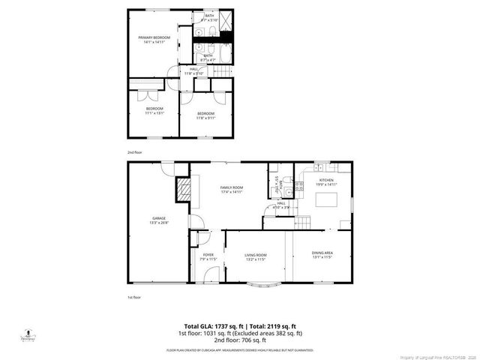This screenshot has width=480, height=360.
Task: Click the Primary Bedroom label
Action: pyautogui.click(x=154, y=37)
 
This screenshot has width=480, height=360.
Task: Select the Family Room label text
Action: pyautogui.click(x=231, y=187)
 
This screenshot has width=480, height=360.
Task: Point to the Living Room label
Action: pyautogui.click(x=256, y=255)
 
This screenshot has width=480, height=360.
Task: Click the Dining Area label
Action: pyautogui.click(x=322, y=253)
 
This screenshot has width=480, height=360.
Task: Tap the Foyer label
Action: pyautogui.click(x=208, y=255)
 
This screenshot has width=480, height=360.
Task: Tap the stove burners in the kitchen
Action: pyautogui.click(x=298, y=184)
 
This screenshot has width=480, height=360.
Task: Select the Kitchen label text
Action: pyautogui.click(x=326, y=180)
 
